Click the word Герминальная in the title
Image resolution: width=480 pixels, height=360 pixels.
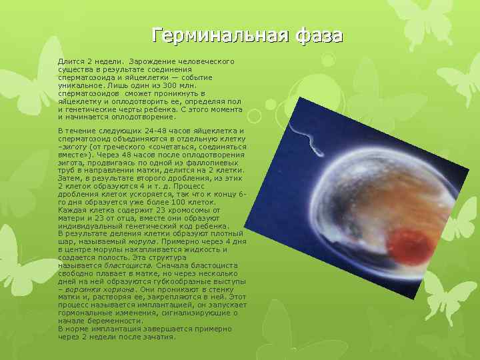pyautogui.click(x=215, y=35)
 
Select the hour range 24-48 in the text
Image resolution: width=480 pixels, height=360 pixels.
pyautogui.click(x=154, y=130)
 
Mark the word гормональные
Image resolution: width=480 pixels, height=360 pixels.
pyautogui.click(x=83, y=313)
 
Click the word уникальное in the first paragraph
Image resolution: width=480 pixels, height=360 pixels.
pyautogui.click(x=79, y=85)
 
